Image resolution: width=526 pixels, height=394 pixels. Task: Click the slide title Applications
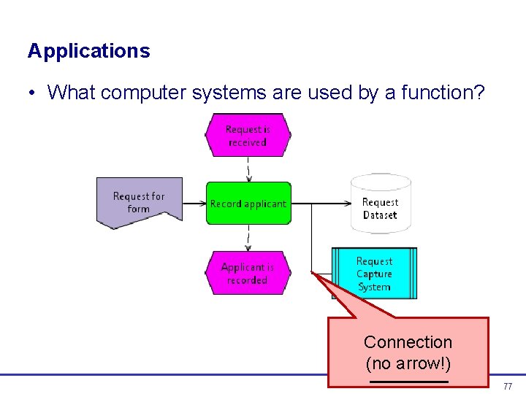pos(88,51)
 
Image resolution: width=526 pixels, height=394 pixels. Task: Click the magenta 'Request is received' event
pos(248,136)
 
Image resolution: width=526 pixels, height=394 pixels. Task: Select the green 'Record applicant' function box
pos(248,204)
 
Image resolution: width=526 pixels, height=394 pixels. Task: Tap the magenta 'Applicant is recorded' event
pos(248,273)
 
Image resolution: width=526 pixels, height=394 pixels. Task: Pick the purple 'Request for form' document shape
pos(139,202)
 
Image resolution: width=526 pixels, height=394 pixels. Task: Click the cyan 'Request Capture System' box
pos(374,274)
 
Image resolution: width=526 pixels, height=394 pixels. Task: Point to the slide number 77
pos(508,385)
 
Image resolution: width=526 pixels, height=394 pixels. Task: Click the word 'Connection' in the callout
pos(408,342)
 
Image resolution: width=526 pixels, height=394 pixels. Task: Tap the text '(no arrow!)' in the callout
pos(408,363)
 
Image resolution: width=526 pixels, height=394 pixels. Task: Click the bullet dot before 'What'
pos(33,93)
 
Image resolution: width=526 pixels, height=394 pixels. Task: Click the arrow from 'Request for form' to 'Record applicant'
pos(194,204)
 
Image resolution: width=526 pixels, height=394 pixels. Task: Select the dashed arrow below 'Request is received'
pos(248,170)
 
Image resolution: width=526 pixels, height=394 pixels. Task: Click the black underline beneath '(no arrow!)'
pos(408,382)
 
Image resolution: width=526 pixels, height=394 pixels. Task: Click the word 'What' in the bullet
pos(71,93)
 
